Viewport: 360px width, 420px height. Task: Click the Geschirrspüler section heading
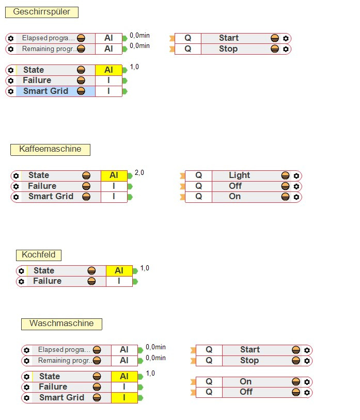click(41, 12)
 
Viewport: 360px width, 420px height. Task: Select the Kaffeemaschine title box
click(50, 149)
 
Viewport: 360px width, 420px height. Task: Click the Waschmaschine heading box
click(61, 324)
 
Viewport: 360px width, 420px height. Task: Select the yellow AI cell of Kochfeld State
click(119, 271)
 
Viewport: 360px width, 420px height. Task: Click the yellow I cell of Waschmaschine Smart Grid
click(124, 398)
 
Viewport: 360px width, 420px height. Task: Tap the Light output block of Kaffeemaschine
click(239, 175)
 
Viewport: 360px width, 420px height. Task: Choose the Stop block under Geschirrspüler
click(228, 49)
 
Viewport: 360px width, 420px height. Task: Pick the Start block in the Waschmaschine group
click(249, 350)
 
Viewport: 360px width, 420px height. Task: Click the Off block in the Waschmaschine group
click(246, 392)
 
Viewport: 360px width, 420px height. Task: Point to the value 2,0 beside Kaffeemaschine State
click(139, 173)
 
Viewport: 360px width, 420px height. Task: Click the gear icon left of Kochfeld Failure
click(21, 282)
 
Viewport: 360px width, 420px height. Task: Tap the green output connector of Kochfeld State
click(135, 271)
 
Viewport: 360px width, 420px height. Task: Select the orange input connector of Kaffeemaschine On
click(181, 197)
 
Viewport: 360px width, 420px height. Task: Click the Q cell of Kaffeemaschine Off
click(198, 186)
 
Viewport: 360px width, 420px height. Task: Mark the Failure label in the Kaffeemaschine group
click(42, 186)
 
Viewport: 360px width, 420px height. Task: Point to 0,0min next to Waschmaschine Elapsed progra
click(155, 347)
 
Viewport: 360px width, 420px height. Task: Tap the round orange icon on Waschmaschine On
click(296, 382)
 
